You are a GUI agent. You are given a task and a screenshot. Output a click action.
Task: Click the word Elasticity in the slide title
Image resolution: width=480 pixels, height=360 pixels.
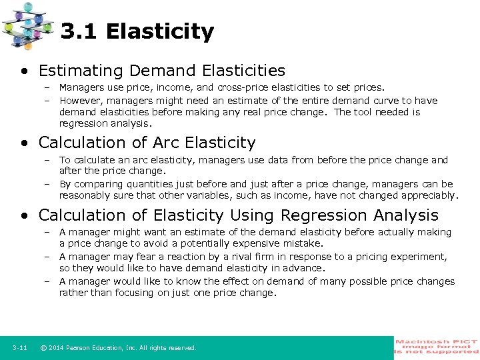159,31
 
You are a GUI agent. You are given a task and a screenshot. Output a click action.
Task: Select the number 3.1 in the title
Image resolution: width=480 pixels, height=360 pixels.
80,31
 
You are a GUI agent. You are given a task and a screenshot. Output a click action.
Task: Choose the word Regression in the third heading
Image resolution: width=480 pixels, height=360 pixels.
323,215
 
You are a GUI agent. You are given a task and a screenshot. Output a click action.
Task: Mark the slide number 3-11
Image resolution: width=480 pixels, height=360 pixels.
19,348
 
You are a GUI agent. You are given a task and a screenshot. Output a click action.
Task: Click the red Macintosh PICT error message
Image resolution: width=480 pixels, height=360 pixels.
437,346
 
